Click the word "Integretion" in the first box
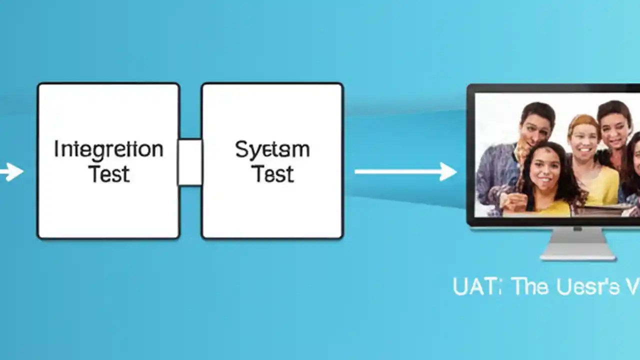108,149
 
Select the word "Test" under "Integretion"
108,173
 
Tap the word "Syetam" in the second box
272,149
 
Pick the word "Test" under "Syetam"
272,173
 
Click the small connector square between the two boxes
190,162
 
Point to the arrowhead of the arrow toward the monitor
448,171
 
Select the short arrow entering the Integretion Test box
11,171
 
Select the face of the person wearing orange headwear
583,140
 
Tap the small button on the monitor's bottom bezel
578,228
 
